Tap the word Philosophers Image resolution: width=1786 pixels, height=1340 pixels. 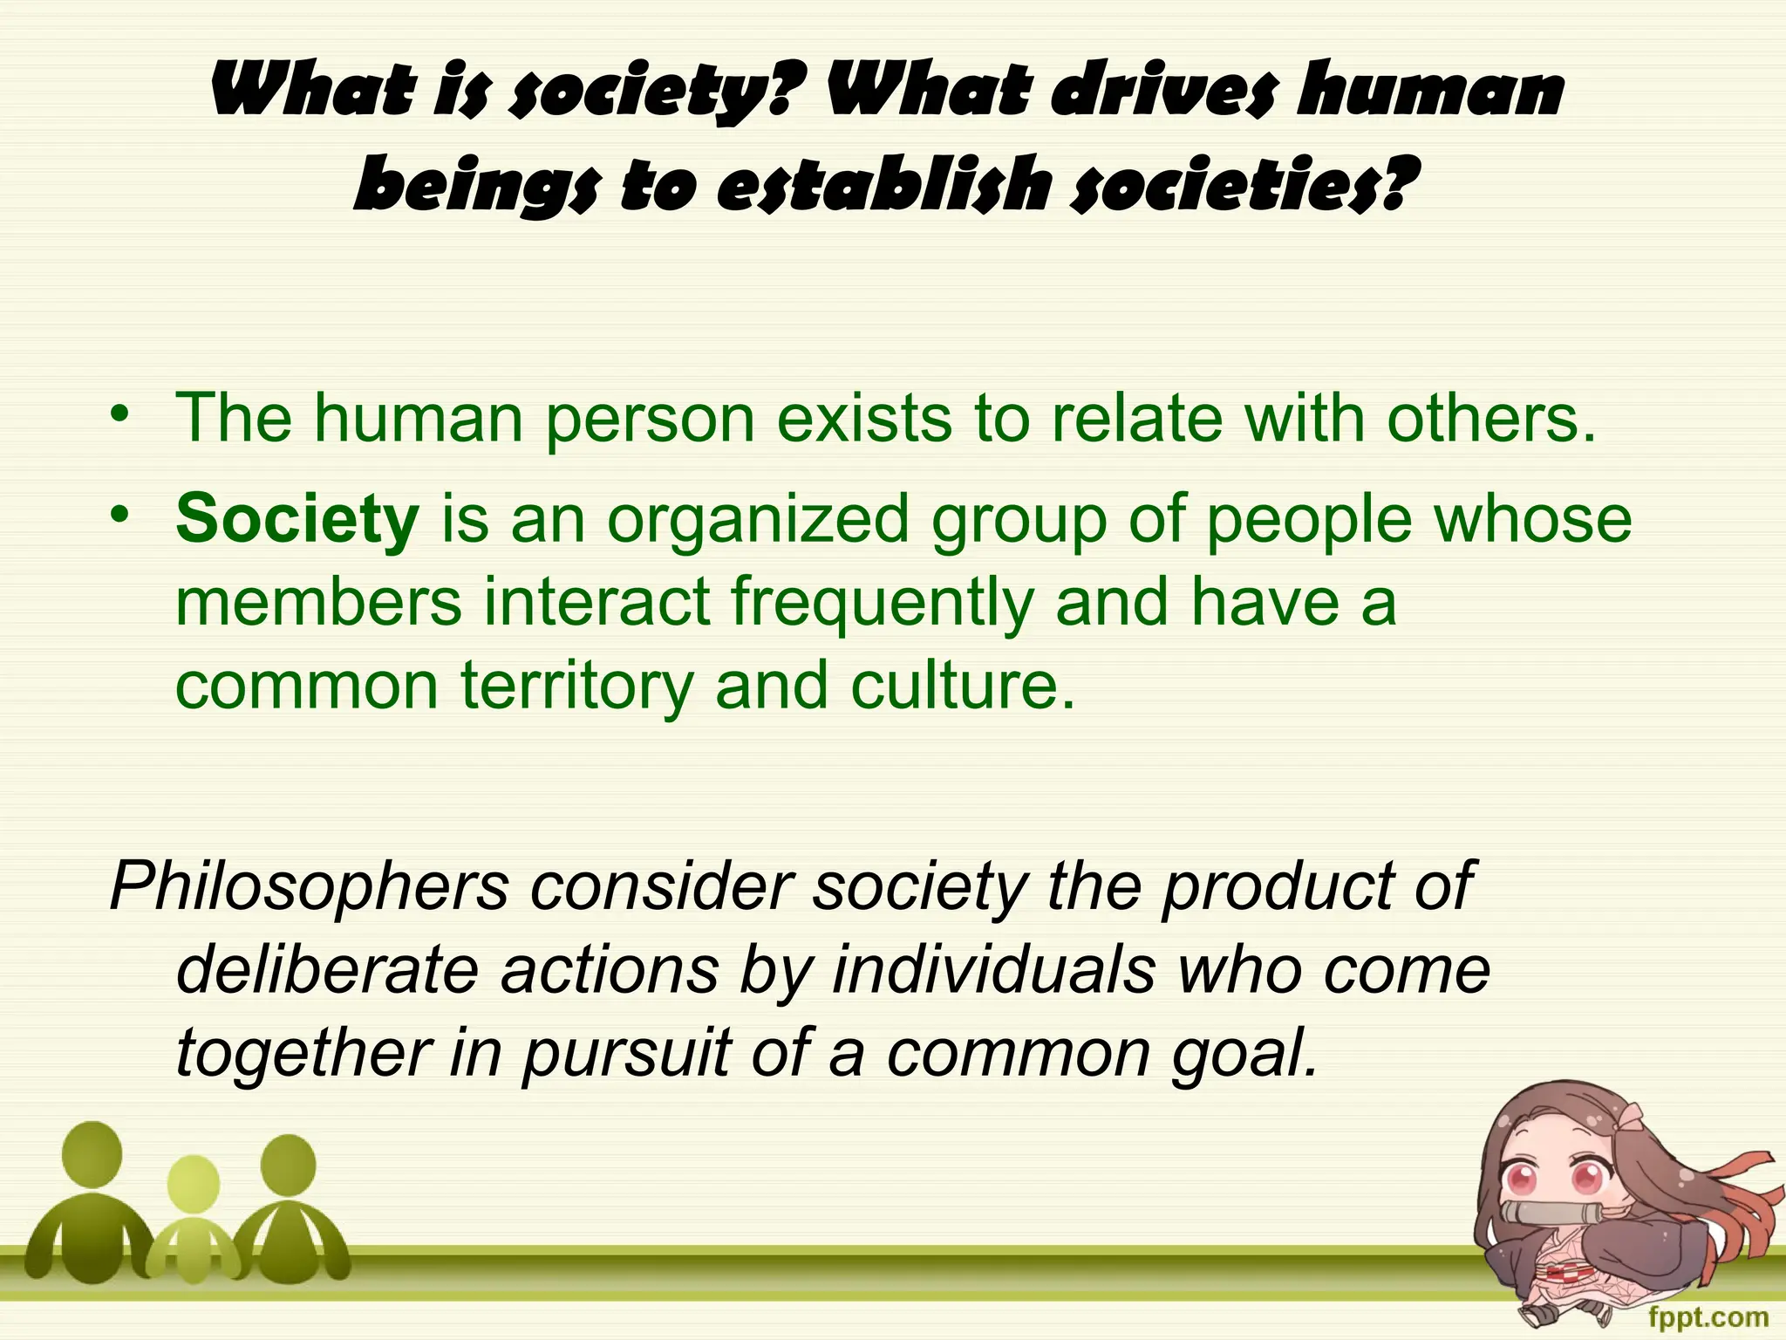pyautogui.click(x=310, y=886)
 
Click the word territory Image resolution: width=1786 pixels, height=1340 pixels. pyautogui.click(x=576, y=686)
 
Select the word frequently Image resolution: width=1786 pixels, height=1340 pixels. pyautogui.click(x=881, y=604)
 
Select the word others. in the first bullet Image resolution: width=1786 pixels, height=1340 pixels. pyautogui.click(x=1491, y=419)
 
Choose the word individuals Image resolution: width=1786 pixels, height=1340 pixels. pyautogui.click(x=994, y=970)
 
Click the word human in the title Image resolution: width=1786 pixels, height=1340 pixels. pyautogui.click(x=1430, y=91)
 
